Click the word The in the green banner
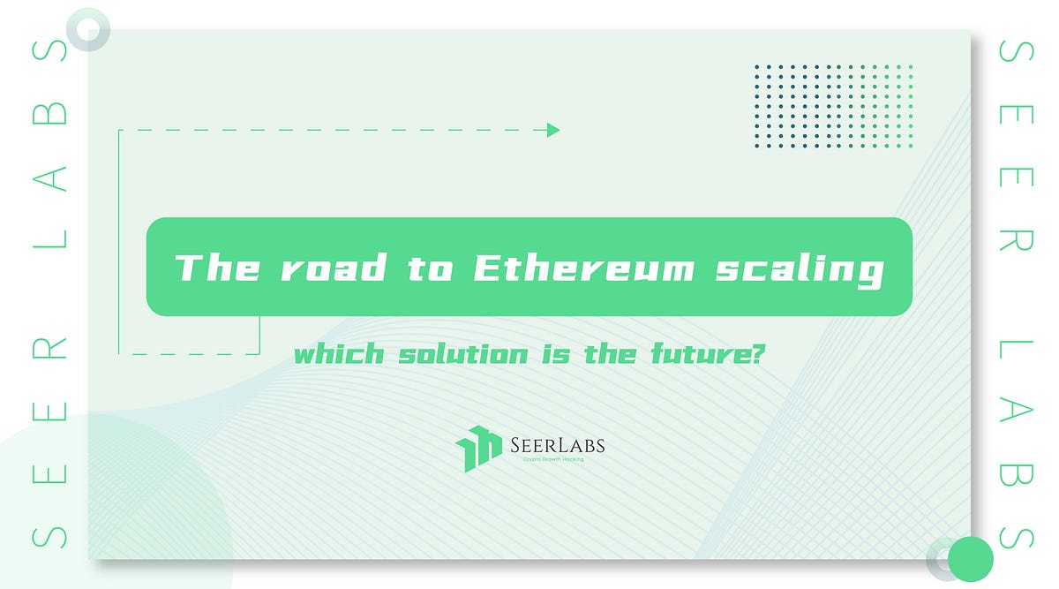(217, 268)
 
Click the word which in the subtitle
(339, 356)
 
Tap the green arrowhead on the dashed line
(553, 131)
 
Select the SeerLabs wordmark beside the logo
(557, 445)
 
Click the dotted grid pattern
(833, 105)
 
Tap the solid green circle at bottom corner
(971, 558)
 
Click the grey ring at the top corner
(86, 28)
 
